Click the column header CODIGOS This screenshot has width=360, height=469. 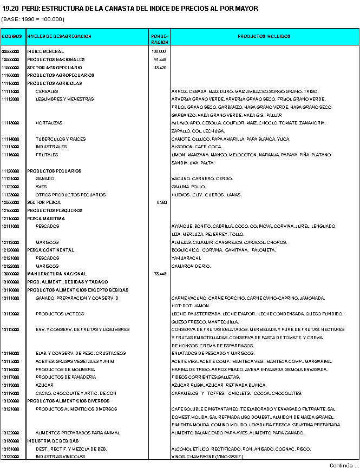pos(12,36)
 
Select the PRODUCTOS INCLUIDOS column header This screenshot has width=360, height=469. pos(264,36)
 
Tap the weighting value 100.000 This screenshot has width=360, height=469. pos(159,51)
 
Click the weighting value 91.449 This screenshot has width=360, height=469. pos(160,60)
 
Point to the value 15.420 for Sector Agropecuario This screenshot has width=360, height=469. pos(160,68)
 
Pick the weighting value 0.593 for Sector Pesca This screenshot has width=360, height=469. pos(161,202)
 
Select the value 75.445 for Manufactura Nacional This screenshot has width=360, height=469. pos(160,274)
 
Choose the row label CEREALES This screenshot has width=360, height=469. pos(47,91)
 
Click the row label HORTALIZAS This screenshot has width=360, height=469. pos(49,123)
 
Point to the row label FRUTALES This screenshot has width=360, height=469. pos(47,155)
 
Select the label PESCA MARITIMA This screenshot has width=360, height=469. pos(43,218)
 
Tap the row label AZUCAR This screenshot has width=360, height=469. pos(45,385)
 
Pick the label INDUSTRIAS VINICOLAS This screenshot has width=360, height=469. pos(61,457)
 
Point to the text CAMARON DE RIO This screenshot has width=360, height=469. pos(191,266)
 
